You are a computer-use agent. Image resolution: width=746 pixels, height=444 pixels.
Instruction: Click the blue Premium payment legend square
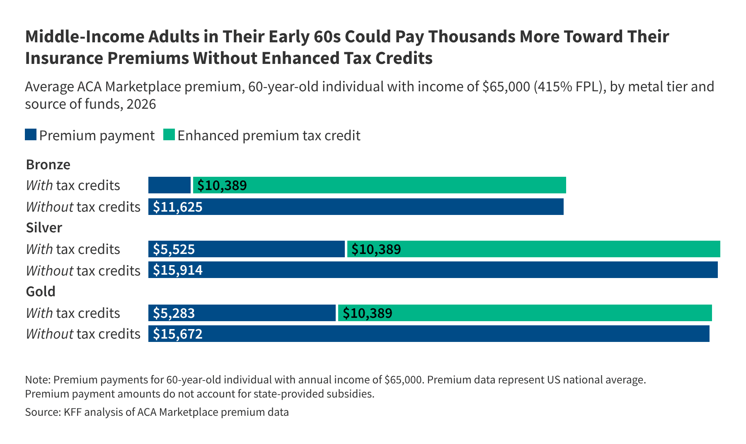tap(31, 135)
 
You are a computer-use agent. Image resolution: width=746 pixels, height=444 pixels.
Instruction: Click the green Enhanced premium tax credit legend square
tap(169, 135)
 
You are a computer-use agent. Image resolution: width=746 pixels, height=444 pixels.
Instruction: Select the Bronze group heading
tap(48, 165)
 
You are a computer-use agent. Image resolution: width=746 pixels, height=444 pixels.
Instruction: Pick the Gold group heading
tap(41, 292)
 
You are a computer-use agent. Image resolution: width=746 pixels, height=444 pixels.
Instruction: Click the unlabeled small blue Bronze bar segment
tap(169, 185)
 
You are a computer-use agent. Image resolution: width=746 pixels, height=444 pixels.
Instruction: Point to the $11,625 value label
tap(178, 207)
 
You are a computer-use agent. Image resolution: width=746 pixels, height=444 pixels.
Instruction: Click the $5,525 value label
tap(174, 249)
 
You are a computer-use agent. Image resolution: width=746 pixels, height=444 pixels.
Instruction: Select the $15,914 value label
tap(178, 270)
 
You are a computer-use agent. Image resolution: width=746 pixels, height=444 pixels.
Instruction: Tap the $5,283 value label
tap(174, 313)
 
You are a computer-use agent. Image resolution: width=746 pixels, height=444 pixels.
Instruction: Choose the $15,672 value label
tap(178, 334)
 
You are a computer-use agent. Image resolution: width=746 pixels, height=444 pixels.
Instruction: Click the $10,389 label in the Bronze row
tap(222, 185)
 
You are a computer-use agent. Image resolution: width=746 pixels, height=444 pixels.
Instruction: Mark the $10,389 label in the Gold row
tap(368, 313)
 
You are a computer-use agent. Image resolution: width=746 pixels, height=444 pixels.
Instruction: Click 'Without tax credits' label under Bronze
tap(83, 207)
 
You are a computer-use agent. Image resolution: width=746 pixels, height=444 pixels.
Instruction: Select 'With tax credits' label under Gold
tap(73, 313)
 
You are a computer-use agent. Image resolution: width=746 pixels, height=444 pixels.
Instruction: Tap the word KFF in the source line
tap(73, 412)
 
